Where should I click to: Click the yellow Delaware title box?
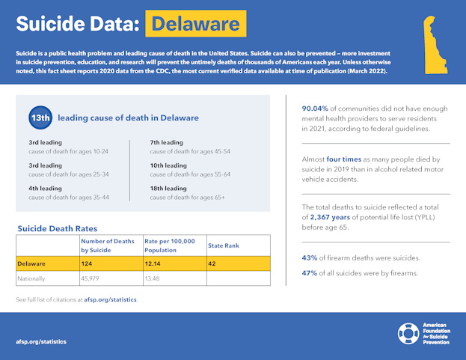point(196,24)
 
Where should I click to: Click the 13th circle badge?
point(40,118)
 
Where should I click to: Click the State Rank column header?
point(224,245)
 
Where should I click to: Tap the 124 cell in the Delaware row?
point(88,263)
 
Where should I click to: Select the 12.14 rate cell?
point(153,263)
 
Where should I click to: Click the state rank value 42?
point(212,263)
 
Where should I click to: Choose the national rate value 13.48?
point(153,278)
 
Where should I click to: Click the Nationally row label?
point(32,278)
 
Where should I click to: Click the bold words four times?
point(343,159)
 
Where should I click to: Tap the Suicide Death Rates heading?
point(57,228)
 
